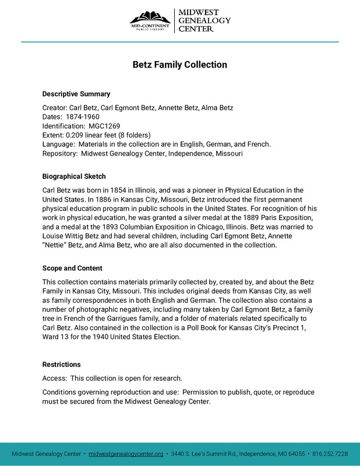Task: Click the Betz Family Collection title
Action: (179, 65)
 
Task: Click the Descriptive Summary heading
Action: (76, 94)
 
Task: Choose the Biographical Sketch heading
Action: (74, 176)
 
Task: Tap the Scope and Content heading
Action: (72, 269)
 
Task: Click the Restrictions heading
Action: (61, 365)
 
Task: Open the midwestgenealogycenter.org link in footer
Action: (126, 454)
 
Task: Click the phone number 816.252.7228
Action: (330, 454)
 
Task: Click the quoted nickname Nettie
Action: (56, 245)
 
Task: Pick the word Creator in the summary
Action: (54, 107)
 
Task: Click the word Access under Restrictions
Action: (54, 378)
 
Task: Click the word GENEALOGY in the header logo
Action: (204, 20)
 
